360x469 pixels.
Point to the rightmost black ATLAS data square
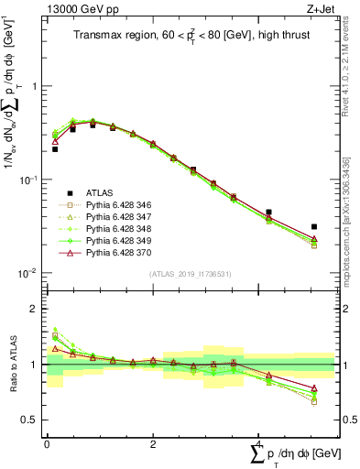(314, 226)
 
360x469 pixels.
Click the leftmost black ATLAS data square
(55, 148)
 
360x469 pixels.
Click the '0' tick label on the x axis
(47, 443)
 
